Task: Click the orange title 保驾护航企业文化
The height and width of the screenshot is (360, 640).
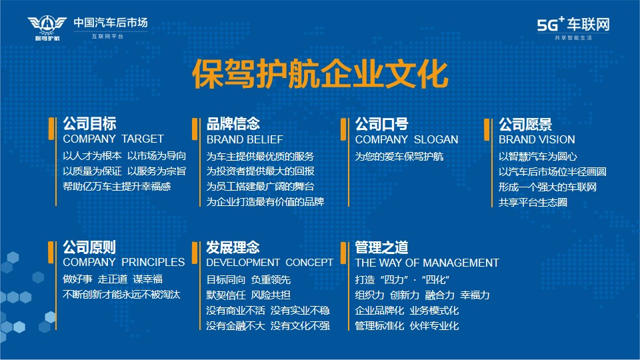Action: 320,74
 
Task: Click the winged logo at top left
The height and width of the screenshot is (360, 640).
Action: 47,27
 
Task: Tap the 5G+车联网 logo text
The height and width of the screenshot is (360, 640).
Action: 573,25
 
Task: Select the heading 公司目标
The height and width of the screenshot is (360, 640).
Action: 89,123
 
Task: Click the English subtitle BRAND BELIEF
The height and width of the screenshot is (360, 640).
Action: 245,139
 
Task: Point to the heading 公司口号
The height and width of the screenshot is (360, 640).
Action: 381,124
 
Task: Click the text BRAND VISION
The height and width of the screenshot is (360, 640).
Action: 536,139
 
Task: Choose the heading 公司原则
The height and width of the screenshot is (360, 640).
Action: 89,247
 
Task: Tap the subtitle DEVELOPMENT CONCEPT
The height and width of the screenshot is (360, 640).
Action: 269,263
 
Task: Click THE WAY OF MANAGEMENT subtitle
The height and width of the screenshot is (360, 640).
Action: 427,263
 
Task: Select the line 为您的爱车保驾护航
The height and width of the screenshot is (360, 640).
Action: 399,156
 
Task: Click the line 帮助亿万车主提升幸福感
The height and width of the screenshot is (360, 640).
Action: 117,187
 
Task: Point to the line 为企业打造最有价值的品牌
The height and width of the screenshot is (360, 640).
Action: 265,201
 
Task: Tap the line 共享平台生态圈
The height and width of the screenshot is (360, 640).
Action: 533,203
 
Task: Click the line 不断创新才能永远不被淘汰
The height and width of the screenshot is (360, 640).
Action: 121,294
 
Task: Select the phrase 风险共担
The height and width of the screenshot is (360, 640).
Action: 271,295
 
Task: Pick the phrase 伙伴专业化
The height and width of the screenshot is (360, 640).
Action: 434,326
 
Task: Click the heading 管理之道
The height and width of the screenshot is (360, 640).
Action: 381,247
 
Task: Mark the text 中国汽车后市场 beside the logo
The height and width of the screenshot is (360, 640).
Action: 110,23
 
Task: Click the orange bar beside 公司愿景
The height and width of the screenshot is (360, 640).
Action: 487,130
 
